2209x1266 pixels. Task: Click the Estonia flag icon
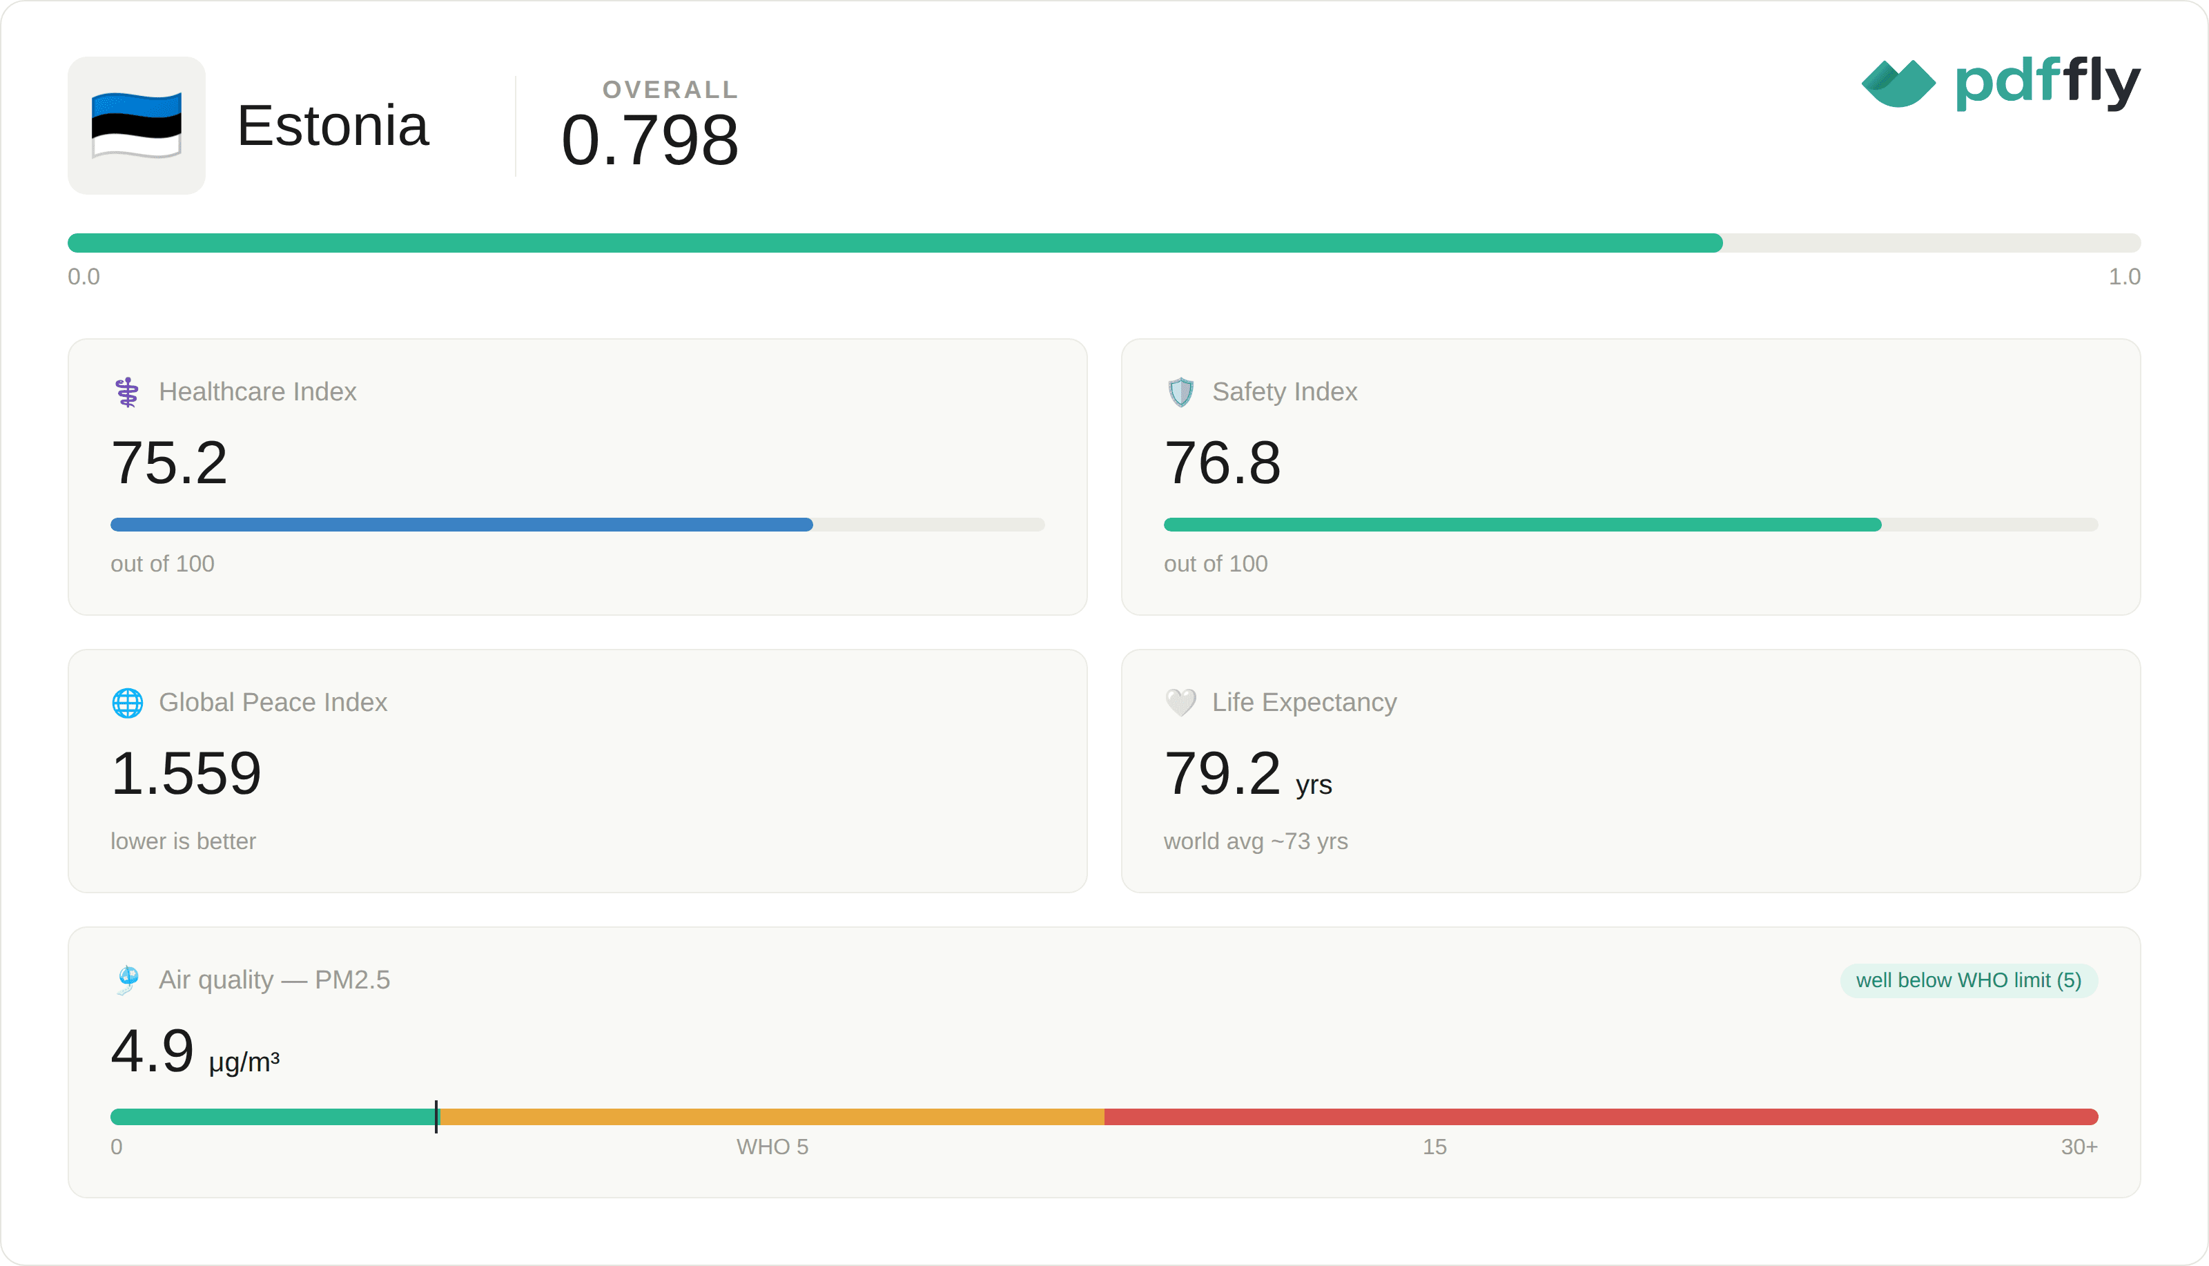tap(137, 125)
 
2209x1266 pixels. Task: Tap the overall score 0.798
tap(650, 140)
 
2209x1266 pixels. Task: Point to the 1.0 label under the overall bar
tap(2124, 277)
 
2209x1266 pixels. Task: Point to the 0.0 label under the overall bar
tap(84, 277)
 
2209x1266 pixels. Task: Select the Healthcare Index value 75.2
tap(170, 462)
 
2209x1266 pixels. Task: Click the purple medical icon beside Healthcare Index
tap(128, 392)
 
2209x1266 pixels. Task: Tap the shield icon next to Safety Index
tap(1180, 392)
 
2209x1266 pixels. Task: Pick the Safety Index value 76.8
tap(1223, 462)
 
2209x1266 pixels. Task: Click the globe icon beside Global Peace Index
tap(128, 703)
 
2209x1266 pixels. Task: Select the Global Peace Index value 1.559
tap(186, 773)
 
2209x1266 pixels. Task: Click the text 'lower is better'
tap(184, 841)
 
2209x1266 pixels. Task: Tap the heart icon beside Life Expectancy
tap(1180, 703)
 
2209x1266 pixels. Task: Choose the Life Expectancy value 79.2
tap(1223, 773)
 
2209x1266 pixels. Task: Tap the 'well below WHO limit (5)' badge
tap(1969, 981)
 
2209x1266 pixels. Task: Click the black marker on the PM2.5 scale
tap(436, 1116)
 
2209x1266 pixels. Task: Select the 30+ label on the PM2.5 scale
tap(2079, 1147)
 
